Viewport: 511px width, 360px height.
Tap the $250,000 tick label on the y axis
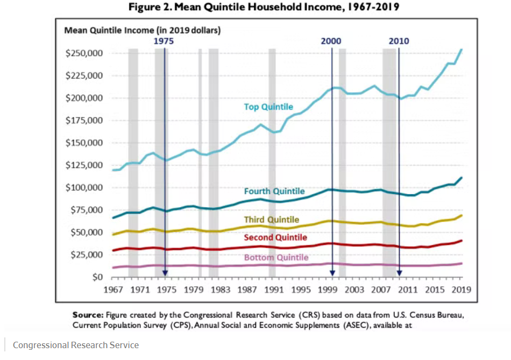click(x=84, y=53)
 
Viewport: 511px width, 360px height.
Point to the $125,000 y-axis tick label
click(x=84, y=165)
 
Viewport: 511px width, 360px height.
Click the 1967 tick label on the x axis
click(x=111, y=290)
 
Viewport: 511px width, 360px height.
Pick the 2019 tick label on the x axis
click(x=462, y=290)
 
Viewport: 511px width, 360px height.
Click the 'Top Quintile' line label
click(x=268, y=107)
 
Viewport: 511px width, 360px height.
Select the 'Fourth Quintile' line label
click(x=274, y=191)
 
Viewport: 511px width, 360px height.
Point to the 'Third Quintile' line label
click(x=271, y=220)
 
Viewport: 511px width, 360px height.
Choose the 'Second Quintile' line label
click(x=275, y=237)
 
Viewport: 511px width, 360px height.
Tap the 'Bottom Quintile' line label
click(x=276, y=257)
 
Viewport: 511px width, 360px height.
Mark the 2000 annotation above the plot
click(x=331, y=41)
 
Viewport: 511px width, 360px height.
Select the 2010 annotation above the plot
click(x=399, y=41)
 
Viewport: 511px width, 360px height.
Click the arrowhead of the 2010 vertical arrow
click(x=399, y=273)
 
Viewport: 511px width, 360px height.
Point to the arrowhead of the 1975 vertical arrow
click(x=165, y=273)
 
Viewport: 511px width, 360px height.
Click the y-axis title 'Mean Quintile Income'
click(x=143, y=30)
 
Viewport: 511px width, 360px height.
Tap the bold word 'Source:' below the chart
click(x=88, y=314)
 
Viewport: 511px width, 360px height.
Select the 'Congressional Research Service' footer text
click(x=76, y=345)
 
